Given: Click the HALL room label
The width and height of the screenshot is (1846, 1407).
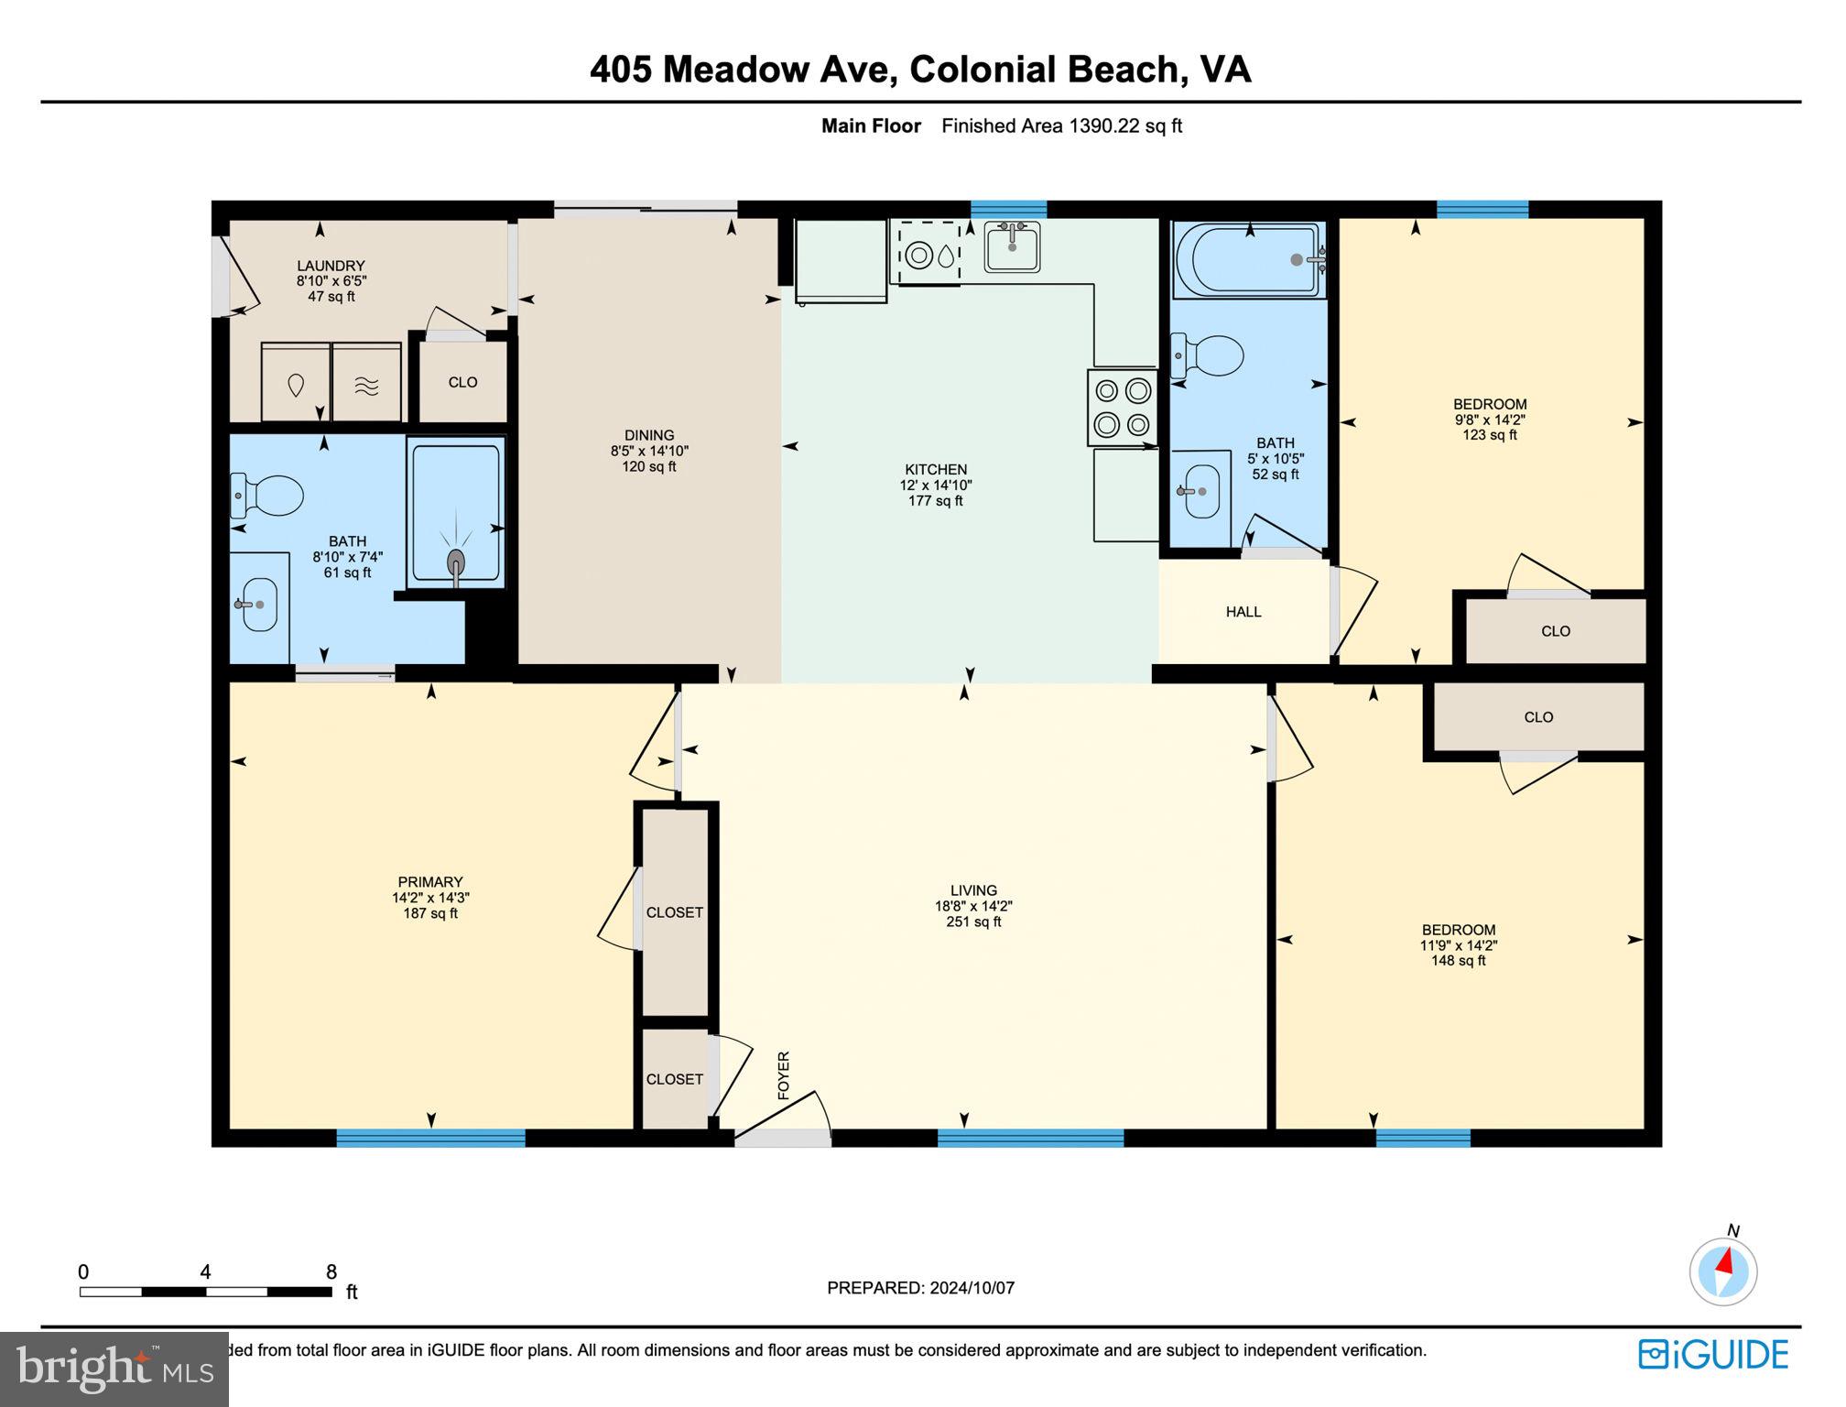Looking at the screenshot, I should [x=1243, y=612].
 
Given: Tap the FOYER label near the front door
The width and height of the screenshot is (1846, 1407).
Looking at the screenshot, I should [x=784, y=1075].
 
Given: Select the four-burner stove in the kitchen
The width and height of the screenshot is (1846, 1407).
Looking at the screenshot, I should [x=1123, y=408].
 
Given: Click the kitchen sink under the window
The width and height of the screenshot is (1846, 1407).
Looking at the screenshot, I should [x=1012, y=246].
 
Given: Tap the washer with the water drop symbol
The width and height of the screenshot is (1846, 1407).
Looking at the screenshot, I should [x=296, y=384].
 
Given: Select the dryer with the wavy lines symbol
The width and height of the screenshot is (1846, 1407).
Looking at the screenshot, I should [x=366, y=384].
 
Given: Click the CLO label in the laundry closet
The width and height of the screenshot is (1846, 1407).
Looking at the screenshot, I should [x=462, y=383].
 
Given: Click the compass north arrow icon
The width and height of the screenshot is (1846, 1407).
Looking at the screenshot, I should [x=1723, y=1271].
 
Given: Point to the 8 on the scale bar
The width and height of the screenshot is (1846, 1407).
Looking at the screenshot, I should [x=331, y=1271].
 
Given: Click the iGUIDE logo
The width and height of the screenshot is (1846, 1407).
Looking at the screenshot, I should [x=1713, y=1355].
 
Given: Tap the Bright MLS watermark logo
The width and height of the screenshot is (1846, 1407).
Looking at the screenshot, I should [x=114, y=1369].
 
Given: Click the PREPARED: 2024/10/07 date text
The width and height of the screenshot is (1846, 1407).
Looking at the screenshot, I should [x=920, y=1288].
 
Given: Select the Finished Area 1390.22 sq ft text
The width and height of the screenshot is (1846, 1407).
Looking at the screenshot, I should [x=1061, y=126].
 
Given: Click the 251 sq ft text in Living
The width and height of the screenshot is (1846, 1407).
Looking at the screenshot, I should [x=973, y=922].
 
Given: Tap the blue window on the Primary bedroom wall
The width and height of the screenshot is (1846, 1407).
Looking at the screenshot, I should [x=430, y=1139].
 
